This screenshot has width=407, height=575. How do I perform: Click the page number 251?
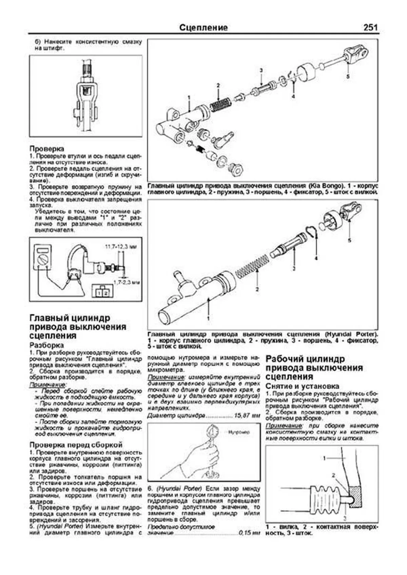(x=370, y=27)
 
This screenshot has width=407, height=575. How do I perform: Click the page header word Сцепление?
(x=203, y=27)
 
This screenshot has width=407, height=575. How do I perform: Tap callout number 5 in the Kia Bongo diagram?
(x=348, y=77)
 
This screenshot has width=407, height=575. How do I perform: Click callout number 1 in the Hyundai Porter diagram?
(x=208, y=318)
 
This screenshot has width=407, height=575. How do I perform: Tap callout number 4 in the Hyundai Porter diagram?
(x=316, y=258)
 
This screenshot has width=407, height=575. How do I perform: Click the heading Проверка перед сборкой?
(x=76, y=445)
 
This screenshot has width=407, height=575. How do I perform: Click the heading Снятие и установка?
(x=302, y=386)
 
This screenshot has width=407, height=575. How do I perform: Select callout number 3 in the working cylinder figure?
(x=345, y=518)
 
